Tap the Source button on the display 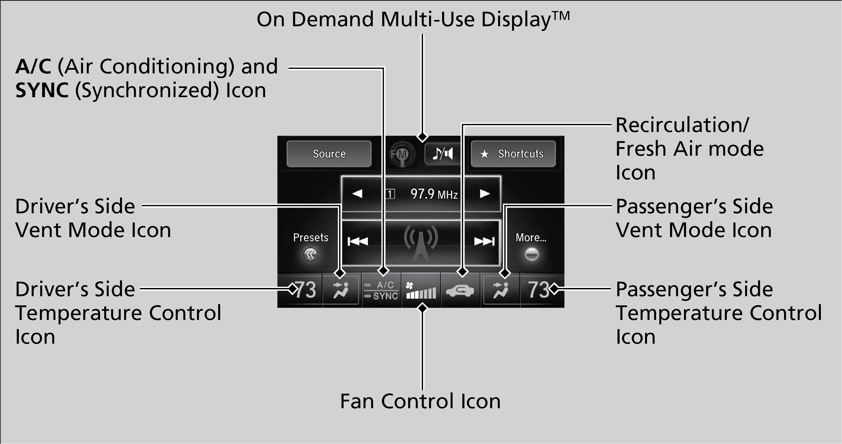(x=329, y=154)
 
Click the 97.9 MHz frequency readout (x=434, y=194)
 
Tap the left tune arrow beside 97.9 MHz (x=357, y=194)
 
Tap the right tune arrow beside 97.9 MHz (x=484, y=194)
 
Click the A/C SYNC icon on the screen (x=382, y=291)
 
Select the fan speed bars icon (x=421, y=291)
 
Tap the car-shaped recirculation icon (x=460, y=291)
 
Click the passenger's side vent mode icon (x=501, y=290)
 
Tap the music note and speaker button (x=443, y=153)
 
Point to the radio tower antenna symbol (x=421, y=242)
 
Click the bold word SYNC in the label (x=42, y=90)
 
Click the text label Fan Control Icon (x=420, y=401)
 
